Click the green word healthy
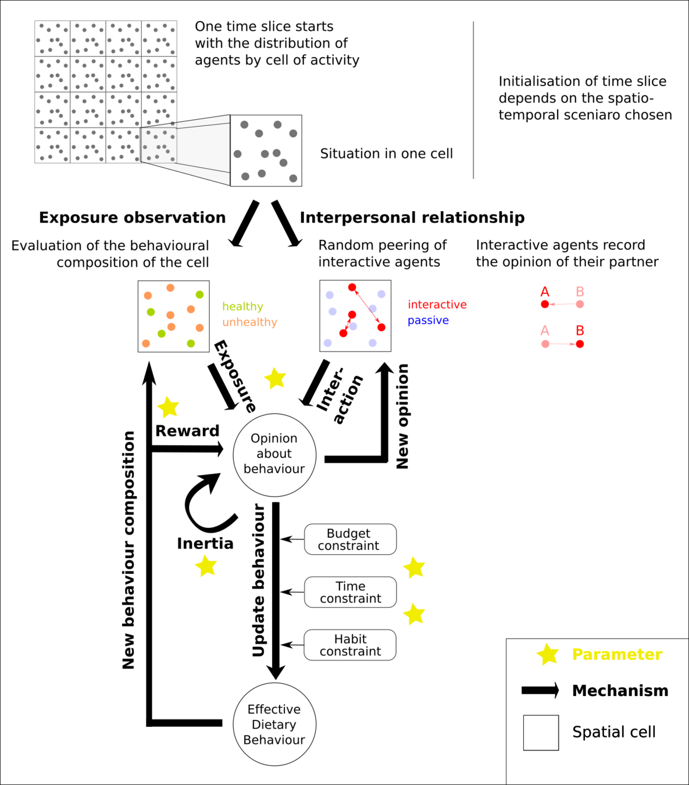coord(242,306)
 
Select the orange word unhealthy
coord(249,322)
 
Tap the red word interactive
coord(437,305)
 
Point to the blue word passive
coord(428,320)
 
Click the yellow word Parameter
coord(617,655)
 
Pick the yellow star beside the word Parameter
coord(547,655)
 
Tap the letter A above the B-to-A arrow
coord(544,292)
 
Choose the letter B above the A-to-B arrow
coord(580,330)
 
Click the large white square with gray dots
coord(266,151)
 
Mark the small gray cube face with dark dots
coord(159,145)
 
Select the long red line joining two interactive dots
coord(366,307)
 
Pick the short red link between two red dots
coord(348,324)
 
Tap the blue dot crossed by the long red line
coord(373,309)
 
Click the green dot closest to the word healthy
coord(199,294)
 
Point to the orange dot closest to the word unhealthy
coord(199,328)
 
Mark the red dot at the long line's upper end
coord(352,287)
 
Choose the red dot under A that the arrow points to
coord(545,304)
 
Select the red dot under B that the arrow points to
coord(580,344)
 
